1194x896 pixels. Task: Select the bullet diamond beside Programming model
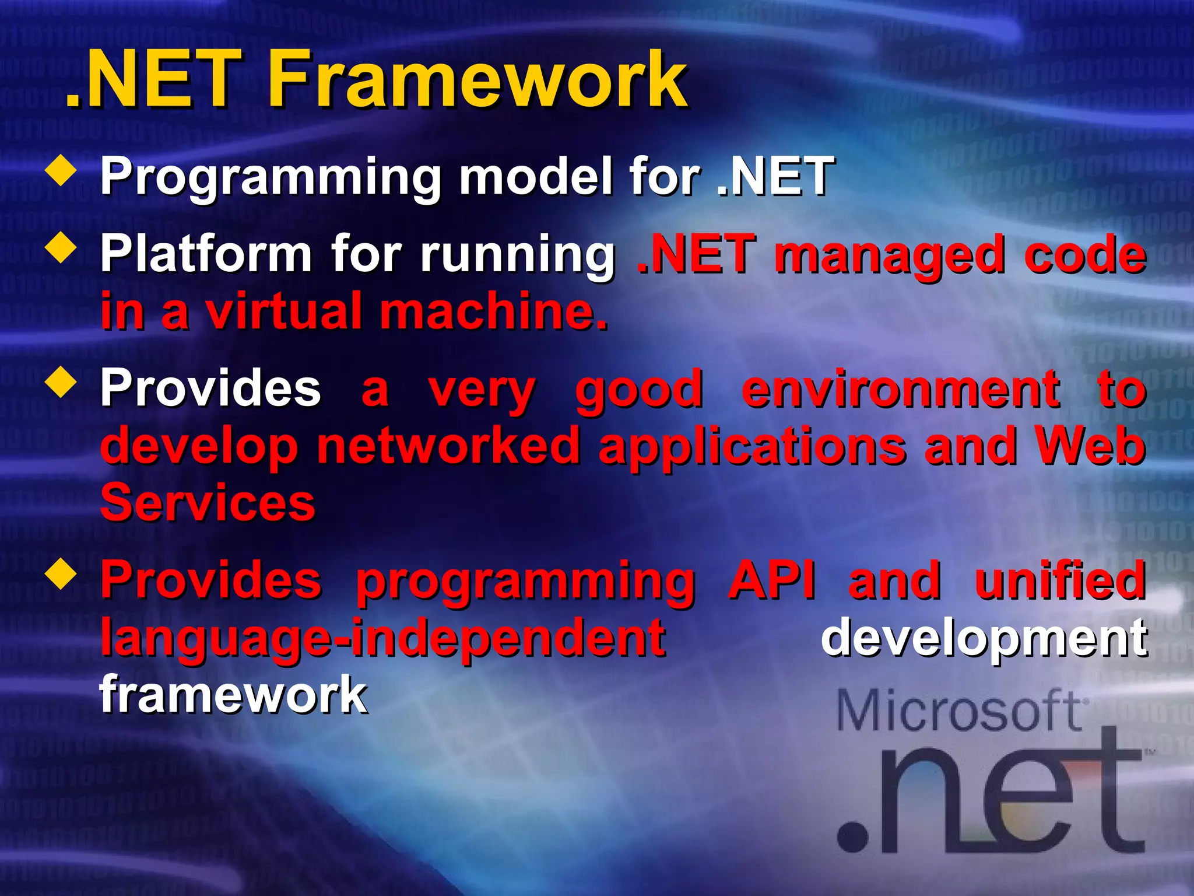61,170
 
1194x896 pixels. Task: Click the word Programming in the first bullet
271,177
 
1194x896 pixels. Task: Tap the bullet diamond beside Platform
61,248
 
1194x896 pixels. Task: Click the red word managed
889,255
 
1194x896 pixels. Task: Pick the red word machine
493,311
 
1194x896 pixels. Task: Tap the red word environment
901,389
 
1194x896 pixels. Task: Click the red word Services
208,503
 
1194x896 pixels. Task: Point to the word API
772,580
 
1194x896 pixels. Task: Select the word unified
1060,580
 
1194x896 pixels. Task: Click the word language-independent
382,638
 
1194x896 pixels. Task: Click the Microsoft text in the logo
961,710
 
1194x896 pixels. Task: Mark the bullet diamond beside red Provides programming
61,574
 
